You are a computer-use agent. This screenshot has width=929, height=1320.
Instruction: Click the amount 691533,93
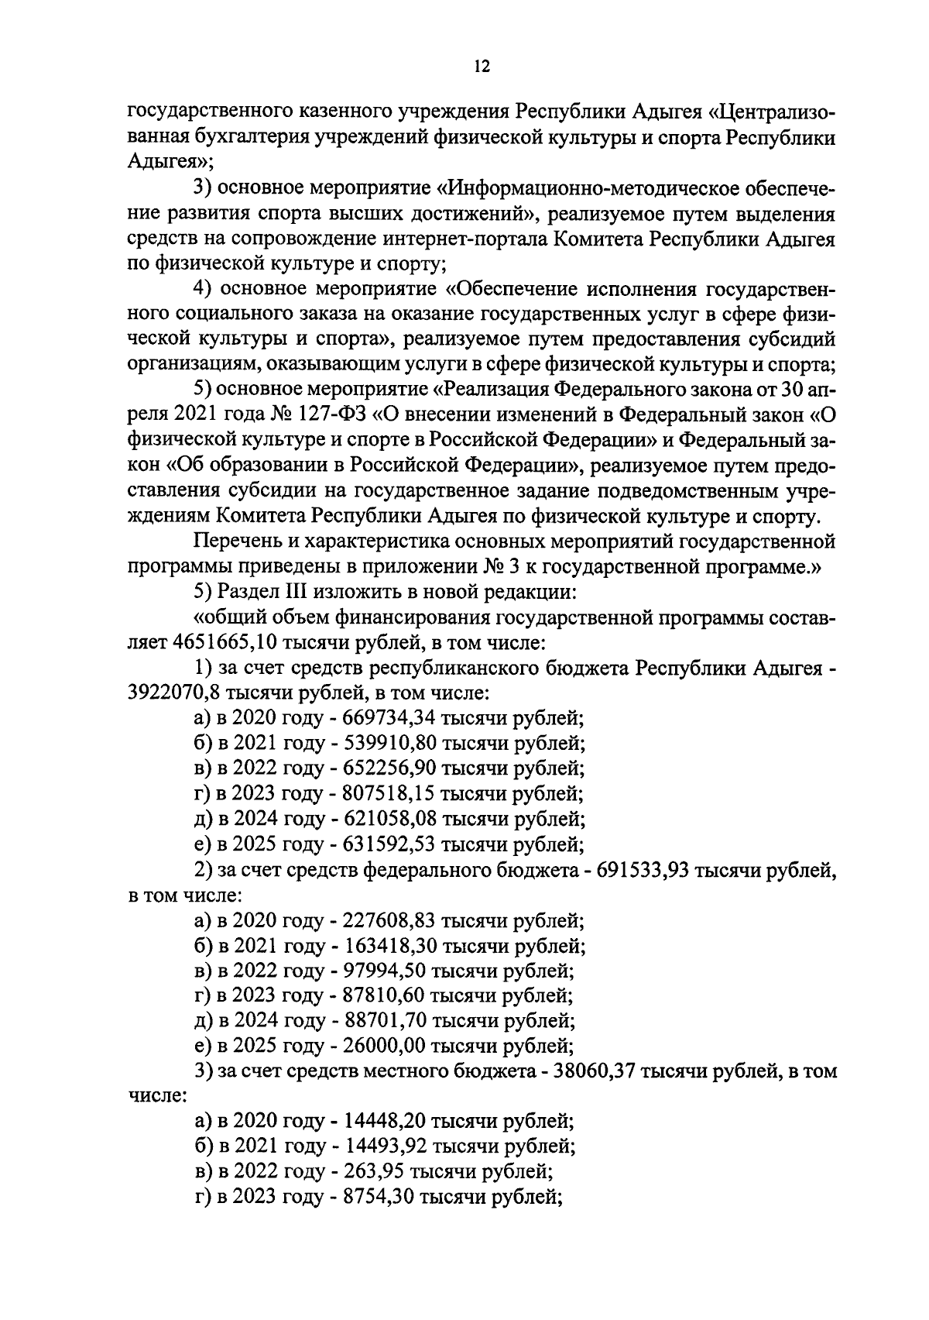[645, 869]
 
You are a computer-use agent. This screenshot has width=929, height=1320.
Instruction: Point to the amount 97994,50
[382, 971]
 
